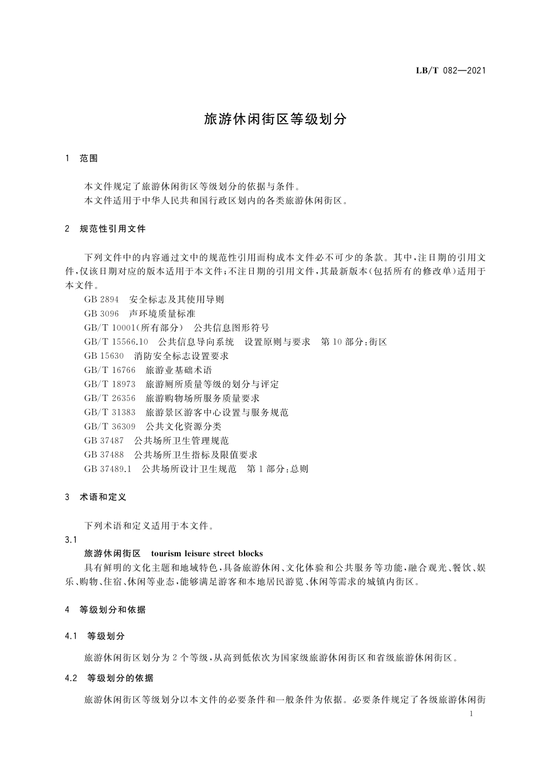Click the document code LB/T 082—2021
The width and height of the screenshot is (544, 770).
point(450,71)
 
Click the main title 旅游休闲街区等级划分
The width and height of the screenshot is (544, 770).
point(275,119)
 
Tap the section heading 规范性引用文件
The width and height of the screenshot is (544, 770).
point(113,229)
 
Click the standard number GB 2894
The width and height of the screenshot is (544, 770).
point(101,300)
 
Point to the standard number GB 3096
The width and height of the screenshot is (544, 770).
point(101,314)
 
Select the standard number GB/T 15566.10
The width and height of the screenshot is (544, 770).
point(116,342)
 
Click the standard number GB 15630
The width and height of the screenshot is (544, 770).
point(104,356)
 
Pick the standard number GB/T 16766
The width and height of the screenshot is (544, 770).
point(110,370)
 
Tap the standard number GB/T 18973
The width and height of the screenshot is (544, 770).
point(110,384)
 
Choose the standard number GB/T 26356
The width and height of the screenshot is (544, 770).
point(110,398)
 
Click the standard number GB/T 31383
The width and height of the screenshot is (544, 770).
point(110,412)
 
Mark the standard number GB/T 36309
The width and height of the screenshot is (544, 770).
point(110,426)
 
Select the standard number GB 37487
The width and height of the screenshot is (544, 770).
point(104,441)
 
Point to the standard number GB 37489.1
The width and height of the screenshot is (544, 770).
point(108,469)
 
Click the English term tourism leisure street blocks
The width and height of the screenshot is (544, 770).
point(207,553)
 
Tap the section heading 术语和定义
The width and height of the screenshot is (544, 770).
point(103,497)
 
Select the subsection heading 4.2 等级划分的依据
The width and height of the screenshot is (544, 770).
point(110,678)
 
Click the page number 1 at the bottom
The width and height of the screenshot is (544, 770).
point(471,714)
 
